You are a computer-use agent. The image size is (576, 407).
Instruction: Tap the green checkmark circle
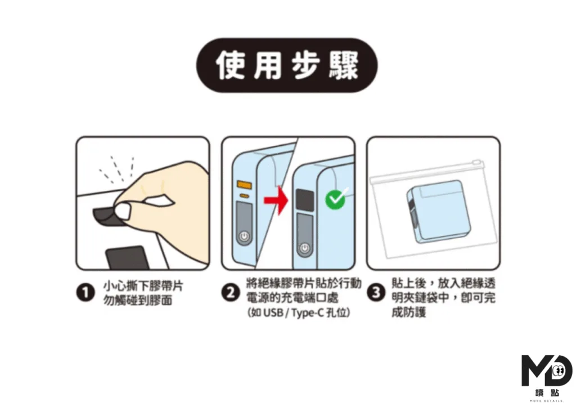tap(336, 199)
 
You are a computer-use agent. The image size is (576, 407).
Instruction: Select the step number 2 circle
tap(229, 293)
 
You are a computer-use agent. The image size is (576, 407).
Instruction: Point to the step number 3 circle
tap(375, 293)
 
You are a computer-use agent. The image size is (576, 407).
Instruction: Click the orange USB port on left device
tap(244, 184)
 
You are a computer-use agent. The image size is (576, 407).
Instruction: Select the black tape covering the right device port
tap(305, 200)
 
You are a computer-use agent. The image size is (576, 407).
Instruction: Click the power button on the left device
tap(244, 237)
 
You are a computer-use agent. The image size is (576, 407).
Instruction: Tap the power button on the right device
tap(304, 248)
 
